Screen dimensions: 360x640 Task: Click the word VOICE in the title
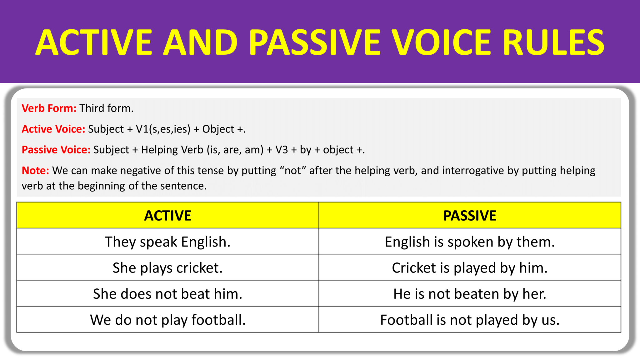[441, 42]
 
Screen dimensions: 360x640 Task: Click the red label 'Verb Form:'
[49, 108]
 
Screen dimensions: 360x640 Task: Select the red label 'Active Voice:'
[53, 129]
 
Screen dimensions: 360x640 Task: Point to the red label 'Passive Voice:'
[56, 150]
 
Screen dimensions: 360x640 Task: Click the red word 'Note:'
[35, 171]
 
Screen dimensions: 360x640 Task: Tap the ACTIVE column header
[167, 216]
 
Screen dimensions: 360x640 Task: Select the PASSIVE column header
[470, 216]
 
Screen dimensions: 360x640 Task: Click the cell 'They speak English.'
[167, 242]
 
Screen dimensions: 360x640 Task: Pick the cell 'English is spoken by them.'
[470, 242]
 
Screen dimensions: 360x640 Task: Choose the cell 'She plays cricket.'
[167, 268]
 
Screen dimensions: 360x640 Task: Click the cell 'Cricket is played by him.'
[470, 268]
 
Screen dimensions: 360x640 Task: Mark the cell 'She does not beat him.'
[167, 294]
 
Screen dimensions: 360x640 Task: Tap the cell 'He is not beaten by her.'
[470, 294]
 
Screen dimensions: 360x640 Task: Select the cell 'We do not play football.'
[167, 320]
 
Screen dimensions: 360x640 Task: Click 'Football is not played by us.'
[470, 320]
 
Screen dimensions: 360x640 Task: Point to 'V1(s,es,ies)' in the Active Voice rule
[163, 129]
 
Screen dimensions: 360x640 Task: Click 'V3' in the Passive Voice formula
[282, 150]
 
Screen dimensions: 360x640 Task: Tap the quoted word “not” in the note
[293, 171]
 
